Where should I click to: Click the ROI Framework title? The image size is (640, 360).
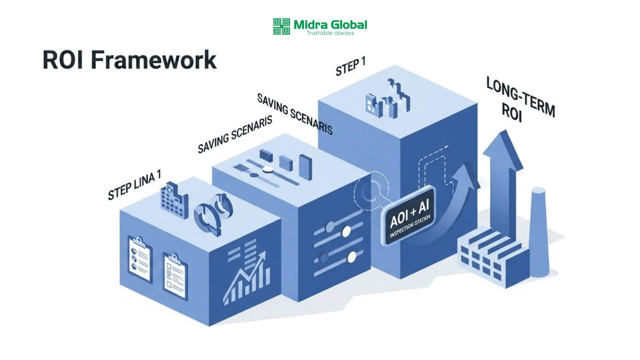coord(129,60)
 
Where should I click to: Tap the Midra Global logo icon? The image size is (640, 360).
coord(281,26)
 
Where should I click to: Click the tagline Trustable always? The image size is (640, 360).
coord(330,33)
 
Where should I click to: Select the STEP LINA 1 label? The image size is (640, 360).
coord(134,184)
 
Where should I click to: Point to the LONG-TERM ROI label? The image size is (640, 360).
coord(520,100)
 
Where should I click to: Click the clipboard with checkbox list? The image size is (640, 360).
coord(175,276)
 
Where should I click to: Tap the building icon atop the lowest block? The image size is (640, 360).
coord(174,200)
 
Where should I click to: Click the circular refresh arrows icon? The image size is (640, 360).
coord(213,212)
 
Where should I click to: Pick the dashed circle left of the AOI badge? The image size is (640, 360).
coord(370,191)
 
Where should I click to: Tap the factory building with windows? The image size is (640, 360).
coord(492,256)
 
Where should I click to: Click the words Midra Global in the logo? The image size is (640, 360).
coord(330,25)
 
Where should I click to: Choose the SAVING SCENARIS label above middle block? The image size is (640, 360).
coord(235,134)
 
